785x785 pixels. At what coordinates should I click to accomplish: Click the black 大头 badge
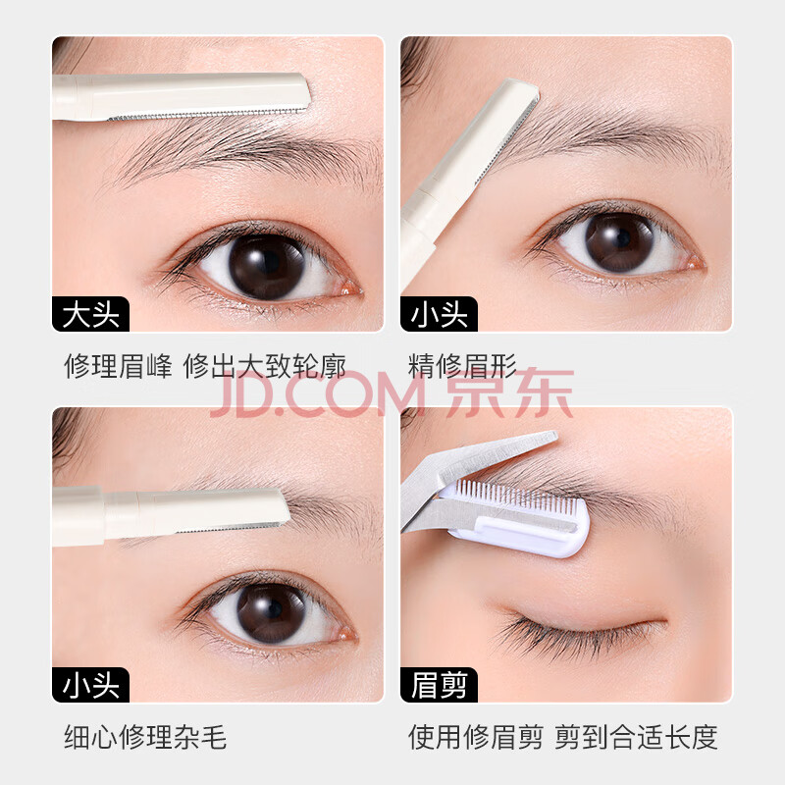[x=90, y=314]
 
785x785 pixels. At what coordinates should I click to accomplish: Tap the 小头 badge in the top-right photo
[x=439, y=314]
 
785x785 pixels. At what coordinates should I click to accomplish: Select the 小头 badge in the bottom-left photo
[x=90, y=684]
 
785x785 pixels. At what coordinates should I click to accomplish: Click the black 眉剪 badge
[x=439, y=684]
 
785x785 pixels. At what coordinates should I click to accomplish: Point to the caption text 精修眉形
[x=462, y=366]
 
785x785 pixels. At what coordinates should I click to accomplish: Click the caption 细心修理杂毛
[x=145, y=737]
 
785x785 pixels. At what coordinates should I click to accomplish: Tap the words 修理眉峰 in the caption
[x=118, y=366]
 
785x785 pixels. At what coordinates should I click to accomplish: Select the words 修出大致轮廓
[x=264, y=366]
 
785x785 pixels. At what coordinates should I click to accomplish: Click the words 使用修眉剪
[x=476, y=737]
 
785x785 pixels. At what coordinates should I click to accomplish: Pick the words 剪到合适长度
[x=636, y=737]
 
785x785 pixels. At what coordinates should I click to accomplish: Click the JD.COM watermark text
[x=318, y=395]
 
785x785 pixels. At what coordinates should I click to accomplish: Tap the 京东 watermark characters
[x=509, y=393]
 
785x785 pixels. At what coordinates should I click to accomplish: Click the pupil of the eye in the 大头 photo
[x=268, y=264]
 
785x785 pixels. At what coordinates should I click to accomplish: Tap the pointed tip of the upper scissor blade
[x=555, y=436]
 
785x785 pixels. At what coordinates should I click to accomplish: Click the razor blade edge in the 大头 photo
[x=208, y=114]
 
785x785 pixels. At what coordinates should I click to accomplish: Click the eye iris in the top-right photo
[x=619, y=241]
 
